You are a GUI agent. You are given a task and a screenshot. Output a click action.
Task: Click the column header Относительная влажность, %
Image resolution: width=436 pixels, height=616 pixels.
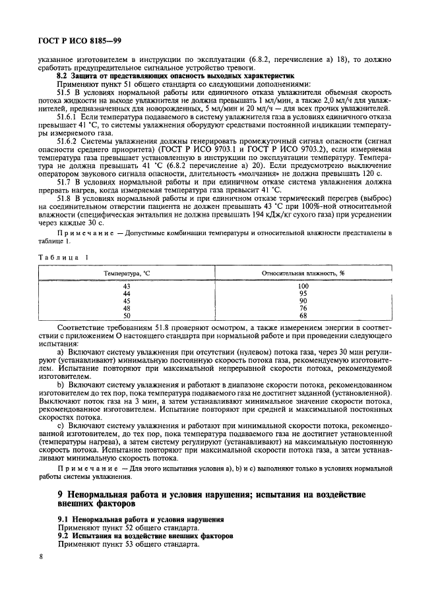(303, 271)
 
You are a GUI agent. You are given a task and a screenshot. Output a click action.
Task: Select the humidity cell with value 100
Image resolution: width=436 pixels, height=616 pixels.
(303, 286)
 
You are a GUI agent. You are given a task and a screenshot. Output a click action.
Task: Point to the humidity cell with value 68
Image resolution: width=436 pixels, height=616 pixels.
(303, 315)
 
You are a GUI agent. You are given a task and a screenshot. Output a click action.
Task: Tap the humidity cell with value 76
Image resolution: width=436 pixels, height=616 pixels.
(303, 308)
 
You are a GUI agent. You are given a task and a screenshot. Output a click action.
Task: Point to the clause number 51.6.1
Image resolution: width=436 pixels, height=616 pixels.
(70, 116)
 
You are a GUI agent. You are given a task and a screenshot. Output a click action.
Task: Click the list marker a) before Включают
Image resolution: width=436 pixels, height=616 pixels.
(61, 352)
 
